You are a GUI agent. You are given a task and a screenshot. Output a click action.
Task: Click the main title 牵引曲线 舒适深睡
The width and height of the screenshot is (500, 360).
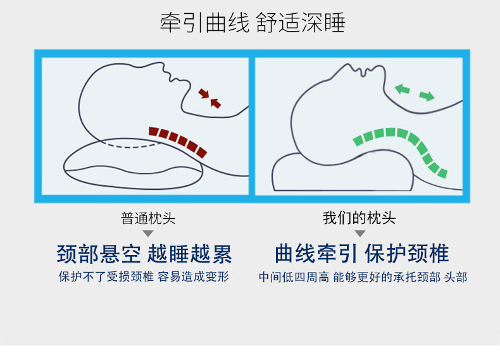pos(252,23)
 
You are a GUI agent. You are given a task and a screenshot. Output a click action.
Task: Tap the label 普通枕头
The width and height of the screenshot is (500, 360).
pos(148,219)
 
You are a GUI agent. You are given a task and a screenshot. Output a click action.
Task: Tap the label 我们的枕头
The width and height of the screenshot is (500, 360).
pos(359,219)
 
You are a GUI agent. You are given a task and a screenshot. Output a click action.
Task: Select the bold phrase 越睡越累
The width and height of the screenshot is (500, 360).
pos(189,254)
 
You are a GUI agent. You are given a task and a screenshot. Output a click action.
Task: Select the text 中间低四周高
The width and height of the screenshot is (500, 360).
pos(293,277)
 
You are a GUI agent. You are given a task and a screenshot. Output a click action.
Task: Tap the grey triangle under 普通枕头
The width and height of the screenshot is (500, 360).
pos(148,233)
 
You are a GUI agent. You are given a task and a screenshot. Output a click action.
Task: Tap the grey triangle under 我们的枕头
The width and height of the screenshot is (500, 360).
pos(359,233)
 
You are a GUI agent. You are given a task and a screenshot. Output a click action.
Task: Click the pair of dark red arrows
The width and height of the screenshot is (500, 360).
pos(209,97)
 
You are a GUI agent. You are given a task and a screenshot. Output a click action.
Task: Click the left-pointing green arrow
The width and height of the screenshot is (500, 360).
pos(402,89)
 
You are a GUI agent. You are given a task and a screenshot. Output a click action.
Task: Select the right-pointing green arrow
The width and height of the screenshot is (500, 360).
pos(427,96)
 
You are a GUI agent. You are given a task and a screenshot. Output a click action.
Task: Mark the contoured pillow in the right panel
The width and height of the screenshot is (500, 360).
pos(342,172)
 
